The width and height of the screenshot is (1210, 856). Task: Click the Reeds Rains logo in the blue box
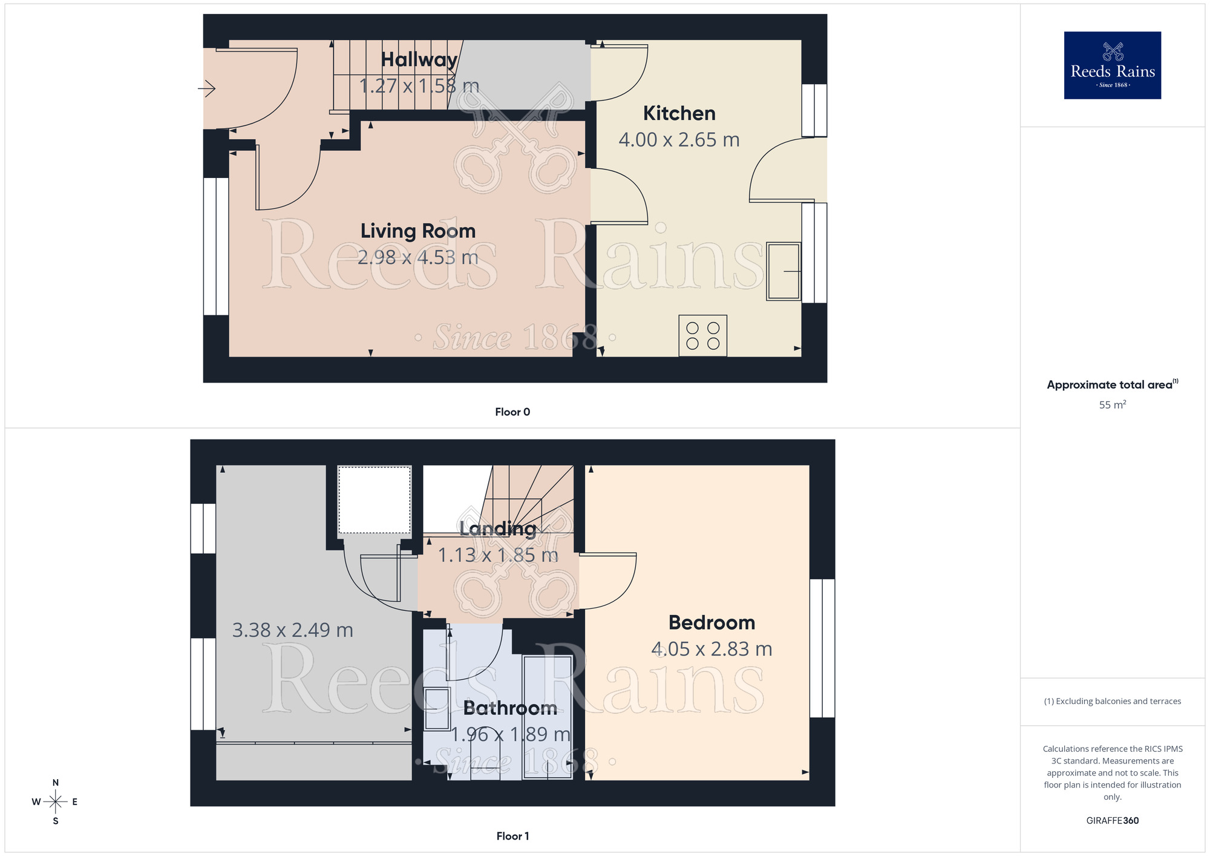pos(1112,65)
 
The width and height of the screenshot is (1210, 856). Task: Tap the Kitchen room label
pos(679,113)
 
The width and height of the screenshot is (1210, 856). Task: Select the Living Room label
pos(418,231)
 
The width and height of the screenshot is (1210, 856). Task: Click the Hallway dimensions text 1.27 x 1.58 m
pos(419,86)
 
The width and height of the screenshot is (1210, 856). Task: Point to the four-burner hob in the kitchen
pos(702,335)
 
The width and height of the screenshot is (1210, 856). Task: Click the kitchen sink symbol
pos(783,271)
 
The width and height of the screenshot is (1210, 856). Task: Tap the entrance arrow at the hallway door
pos(206,89)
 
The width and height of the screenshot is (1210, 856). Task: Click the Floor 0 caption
pos(512,412)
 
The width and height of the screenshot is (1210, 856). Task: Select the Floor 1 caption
pos(512,836)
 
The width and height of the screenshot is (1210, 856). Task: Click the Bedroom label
pos(711,622)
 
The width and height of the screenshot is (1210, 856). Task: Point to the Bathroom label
pos(510,708)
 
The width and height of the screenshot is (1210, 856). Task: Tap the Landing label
pos(497,528)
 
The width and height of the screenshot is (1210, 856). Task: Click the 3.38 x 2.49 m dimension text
pos(293,630)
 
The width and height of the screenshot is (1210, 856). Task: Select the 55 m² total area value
pos(1112,404)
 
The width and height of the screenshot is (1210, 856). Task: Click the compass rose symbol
pos(56,802)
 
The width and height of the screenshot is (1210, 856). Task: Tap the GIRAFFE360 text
pos(1112,821)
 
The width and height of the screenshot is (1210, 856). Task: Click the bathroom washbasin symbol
pos(437,708)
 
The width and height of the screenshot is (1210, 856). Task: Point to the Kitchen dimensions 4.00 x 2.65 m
pos(679,140)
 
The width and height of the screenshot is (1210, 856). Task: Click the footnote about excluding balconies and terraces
pos(1112,701)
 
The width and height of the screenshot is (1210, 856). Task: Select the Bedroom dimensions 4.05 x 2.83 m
pos(711,649)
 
